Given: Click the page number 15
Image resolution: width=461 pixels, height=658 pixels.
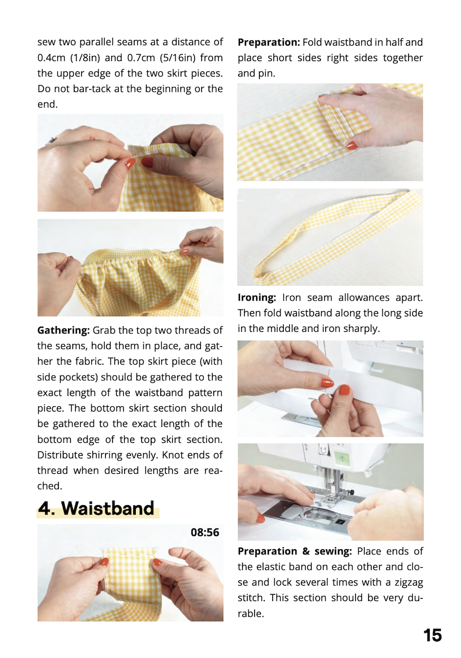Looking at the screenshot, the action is [432, 635].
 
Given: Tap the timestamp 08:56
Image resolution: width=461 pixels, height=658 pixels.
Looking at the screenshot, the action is [205, 532].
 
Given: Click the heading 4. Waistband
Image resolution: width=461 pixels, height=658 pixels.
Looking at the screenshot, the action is [96, 508].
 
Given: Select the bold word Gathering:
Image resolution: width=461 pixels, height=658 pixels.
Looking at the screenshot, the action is [63, 330].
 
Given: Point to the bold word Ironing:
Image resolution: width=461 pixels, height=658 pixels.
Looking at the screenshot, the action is [257, 297].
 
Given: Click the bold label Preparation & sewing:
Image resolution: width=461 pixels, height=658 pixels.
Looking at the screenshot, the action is [294, 551].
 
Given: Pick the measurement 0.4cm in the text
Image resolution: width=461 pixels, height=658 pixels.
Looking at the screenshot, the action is [51, 57].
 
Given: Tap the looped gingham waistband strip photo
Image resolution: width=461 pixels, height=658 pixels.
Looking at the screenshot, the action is [330, 237].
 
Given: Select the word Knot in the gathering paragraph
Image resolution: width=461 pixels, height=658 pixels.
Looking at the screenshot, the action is [173, 455].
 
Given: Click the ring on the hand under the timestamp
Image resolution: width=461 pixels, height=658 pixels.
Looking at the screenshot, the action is [174, 584].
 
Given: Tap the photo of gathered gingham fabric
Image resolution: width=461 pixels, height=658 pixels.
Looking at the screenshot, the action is [131, 268].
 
